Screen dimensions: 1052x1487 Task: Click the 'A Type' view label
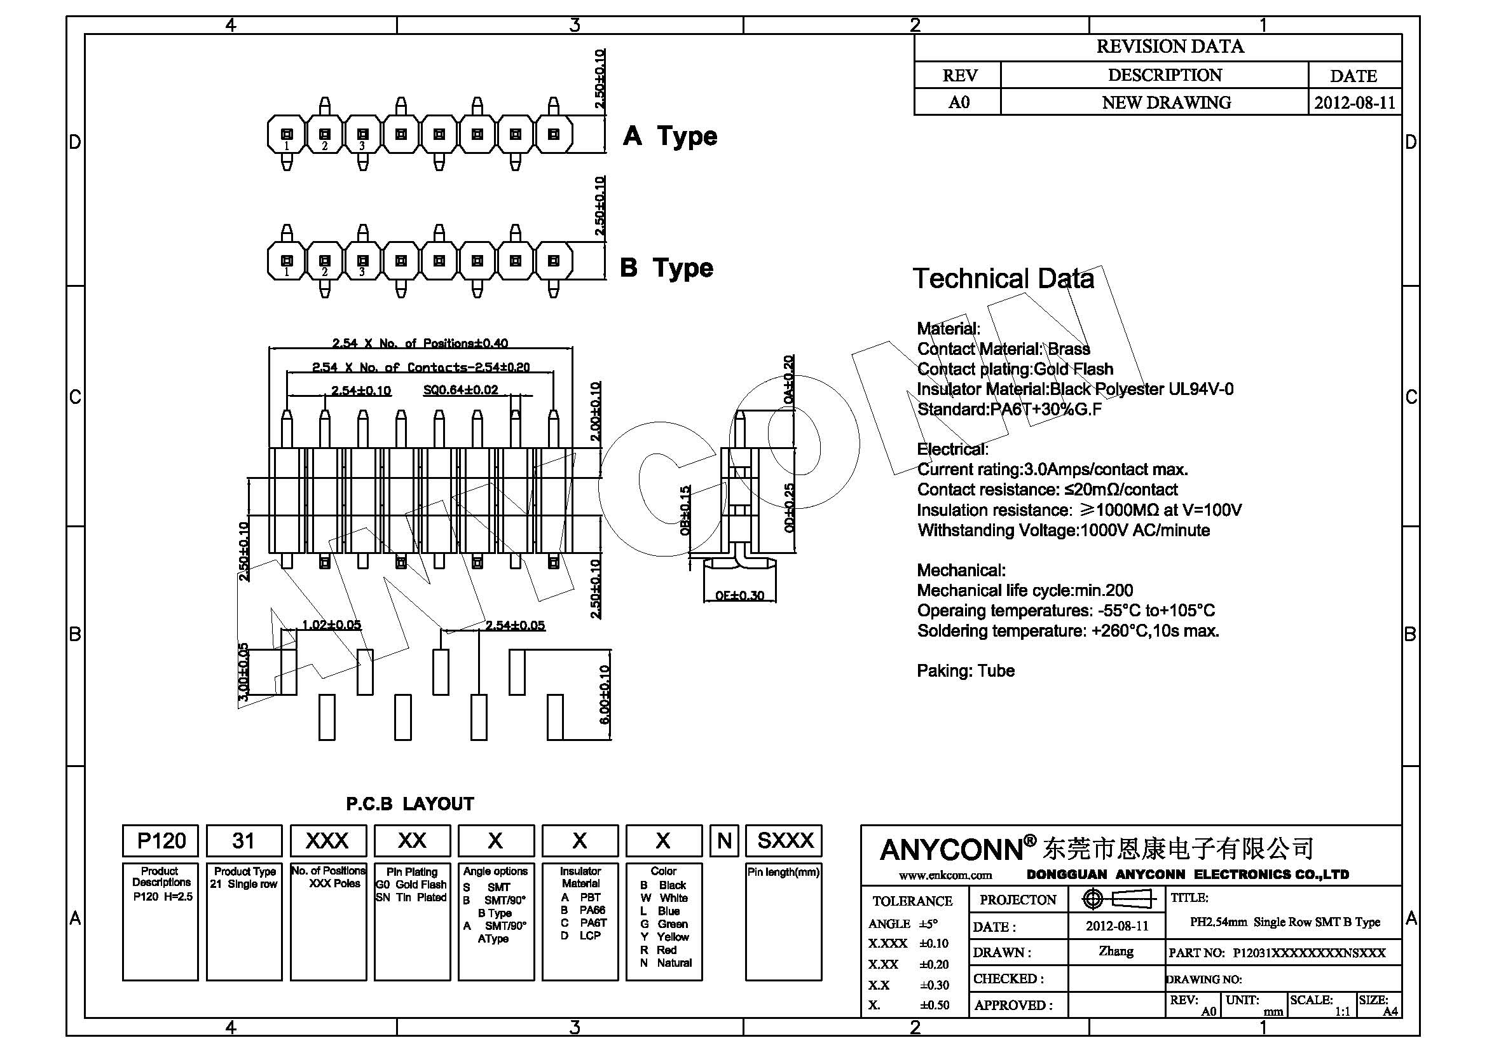(x=670, y=136)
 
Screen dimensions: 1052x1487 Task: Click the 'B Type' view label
(x=666, y=268)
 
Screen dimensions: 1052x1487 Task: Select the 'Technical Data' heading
(x=1003, y=279)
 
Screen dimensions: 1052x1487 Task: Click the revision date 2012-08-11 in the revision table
(x=1354, y=103)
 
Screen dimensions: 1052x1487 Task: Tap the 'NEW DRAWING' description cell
(x=1166, y=103)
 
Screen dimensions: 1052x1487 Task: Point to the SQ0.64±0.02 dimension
(x=460, y=390)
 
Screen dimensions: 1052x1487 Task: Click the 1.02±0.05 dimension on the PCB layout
(x=332, y=625)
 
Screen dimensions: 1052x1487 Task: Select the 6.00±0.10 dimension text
(x=604, y=695)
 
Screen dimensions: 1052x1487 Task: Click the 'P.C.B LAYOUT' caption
(x=410, y=804)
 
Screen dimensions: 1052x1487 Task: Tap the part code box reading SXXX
(x=785, y=841)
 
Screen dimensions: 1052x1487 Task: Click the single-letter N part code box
(x=724, y=841)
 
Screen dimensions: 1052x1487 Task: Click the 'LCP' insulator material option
(x=589, y=936)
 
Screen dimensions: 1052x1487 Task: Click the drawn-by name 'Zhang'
(x=1116, y=952)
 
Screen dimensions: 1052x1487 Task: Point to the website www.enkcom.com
(x=945, y=875)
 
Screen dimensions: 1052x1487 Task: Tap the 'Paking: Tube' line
(x=966, y=671)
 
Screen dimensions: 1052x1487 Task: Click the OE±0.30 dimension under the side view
(x=739, y=595)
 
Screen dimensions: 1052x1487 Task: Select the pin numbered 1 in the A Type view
(x=287, y=135)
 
